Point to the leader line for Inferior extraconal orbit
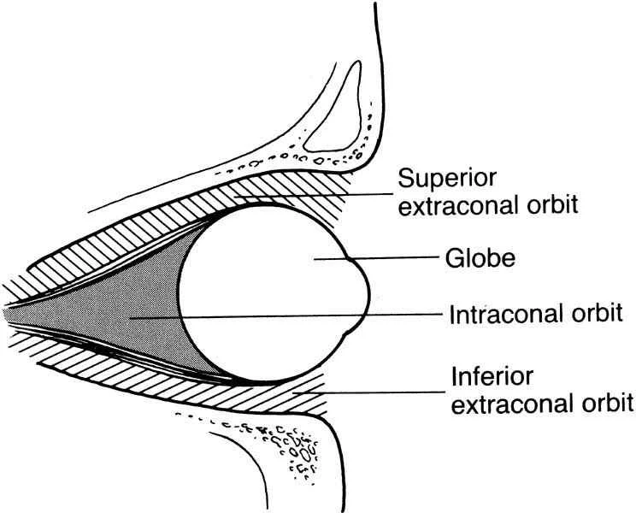368,392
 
